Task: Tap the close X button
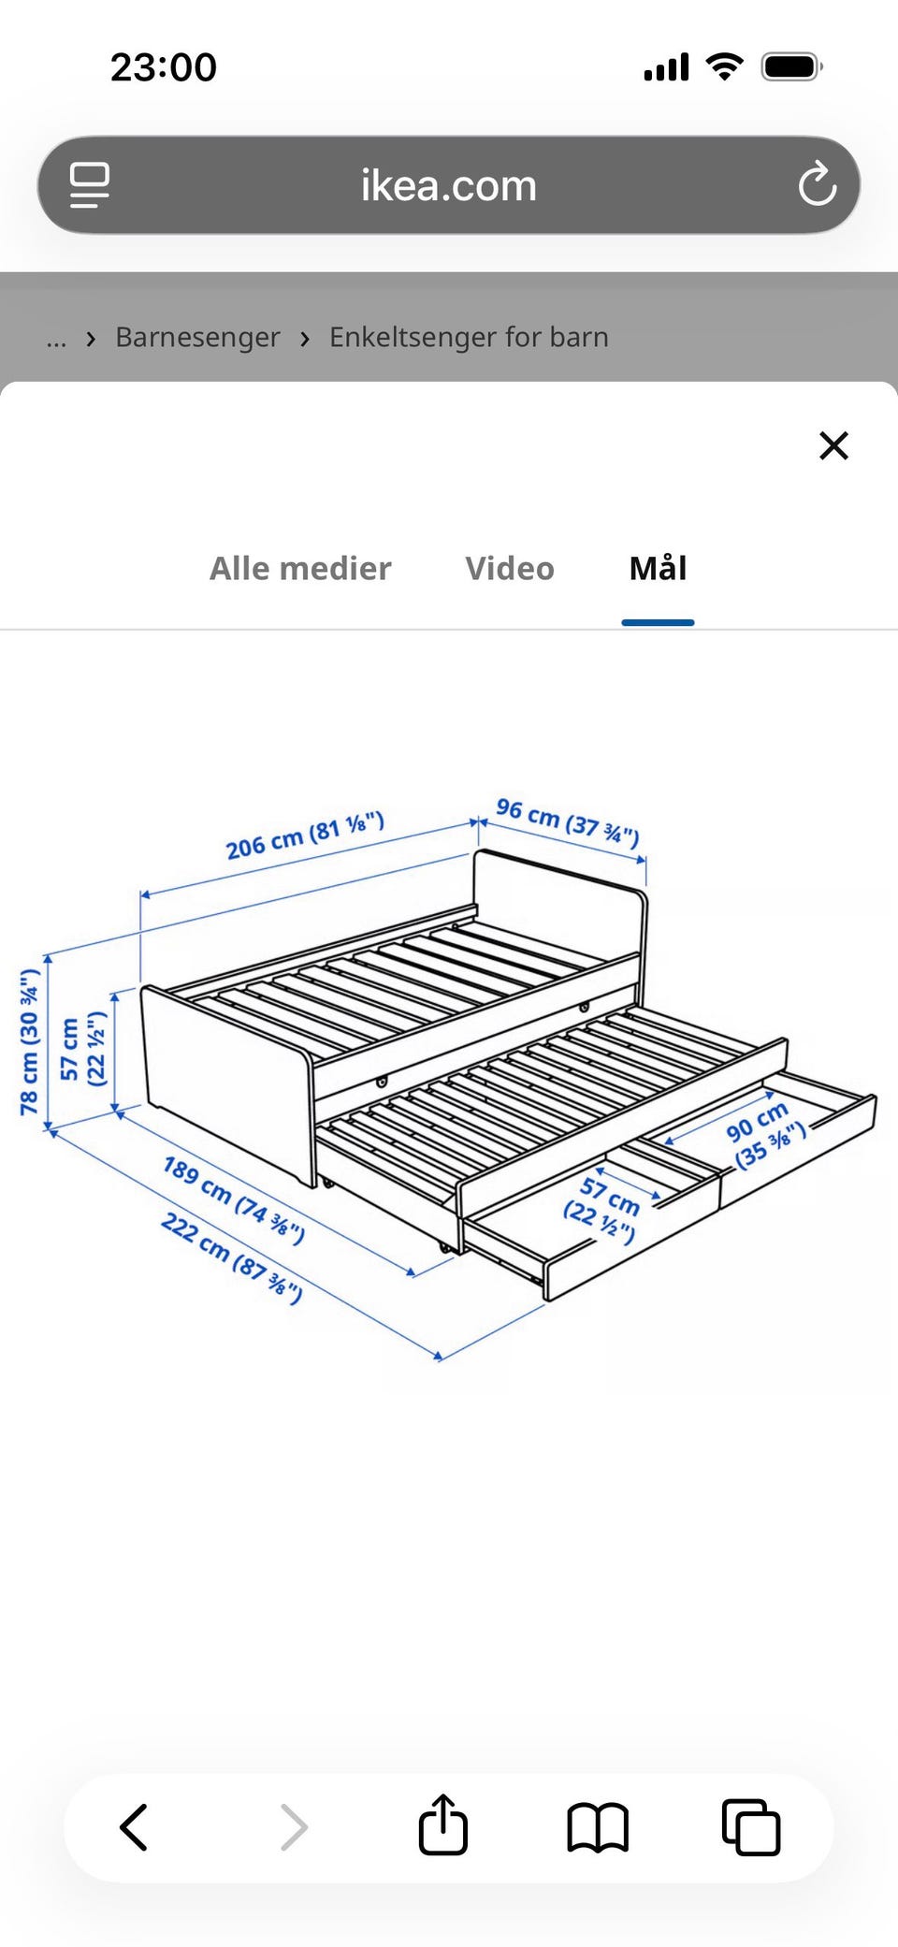click(833, 445)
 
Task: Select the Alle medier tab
click(300, 568)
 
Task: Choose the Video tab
click(510, 568)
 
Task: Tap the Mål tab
click(658, 567)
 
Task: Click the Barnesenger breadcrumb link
click(197, 337)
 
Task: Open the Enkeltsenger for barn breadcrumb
click(469, 337)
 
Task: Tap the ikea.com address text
click(449, 185)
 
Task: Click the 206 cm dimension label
click(305, 835)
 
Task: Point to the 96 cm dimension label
click(568, 821)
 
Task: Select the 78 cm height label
click(30, 1041)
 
